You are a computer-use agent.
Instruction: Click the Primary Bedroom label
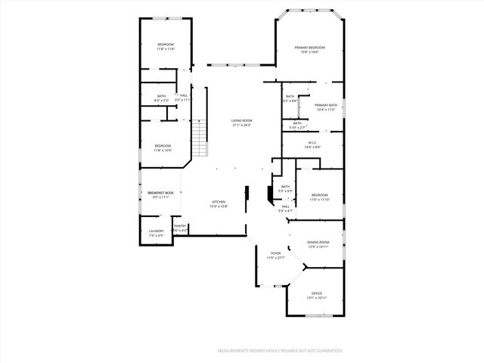tap(310, 48)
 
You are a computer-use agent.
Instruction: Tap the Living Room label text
tap(242, 121)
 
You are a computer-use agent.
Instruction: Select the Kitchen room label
tap(219, 202)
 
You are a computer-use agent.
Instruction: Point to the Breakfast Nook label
tap(160, 194)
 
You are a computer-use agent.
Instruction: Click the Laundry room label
tap(157, 231)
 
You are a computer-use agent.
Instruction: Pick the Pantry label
tap(180, 226)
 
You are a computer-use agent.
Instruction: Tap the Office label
tap(317, 293)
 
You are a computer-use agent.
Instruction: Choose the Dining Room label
tap(318, 242)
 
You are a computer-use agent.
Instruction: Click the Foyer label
tap(276, 253)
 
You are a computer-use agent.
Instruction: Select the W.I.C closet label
tap(313, 142)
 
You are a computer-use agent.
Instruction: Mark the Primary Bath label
tap(325, 105)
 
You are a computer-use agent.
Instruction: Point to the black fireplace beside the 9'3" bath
tap(270, 194)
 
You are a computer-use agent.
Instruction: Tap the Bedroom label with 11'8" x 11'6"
tap(166, 45)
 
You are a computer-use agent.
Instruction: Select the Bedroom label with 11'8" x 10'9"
tap(163, 146)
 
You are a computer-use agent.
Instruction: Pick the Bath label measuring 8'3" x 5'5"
tap(161, 96)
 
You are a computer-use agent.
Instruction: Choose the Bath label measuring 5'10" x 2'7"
tap(296, 123)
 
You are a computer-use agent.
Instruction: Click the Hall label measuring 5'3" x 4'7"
tap(286, 206)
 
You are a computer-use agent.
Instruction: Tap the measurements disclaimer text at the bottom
tap(280, 351)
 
